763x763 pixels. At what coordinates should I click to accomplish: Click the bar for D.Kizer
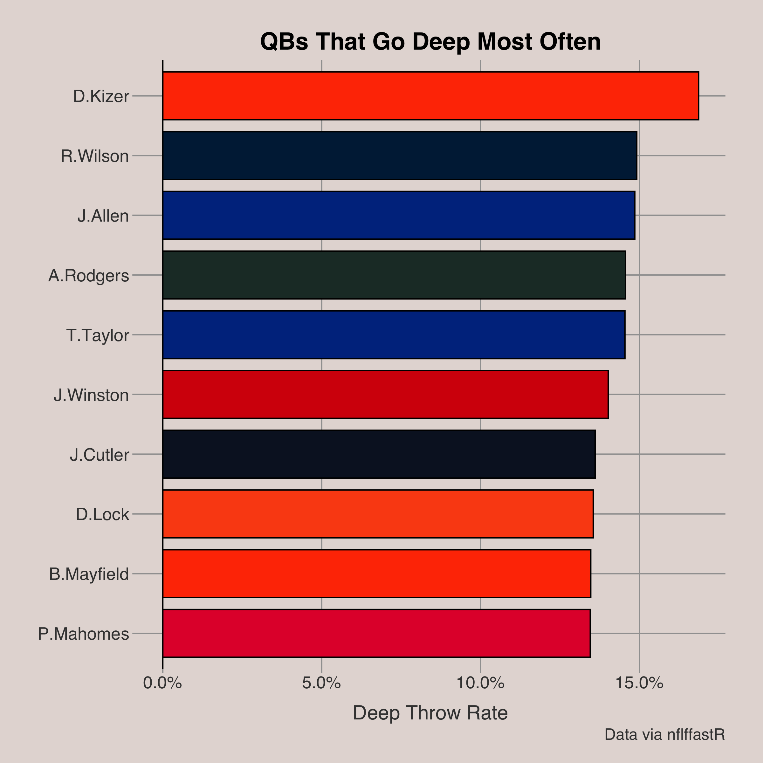pos(430,96)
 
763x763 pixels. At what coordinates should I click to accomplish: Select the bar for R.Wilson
pos(400,155)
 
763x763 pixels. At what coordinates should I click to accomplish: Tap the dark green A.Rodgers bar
pos(394,275)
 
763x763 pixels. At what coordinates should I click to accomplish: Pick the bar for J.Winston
pos(385,394)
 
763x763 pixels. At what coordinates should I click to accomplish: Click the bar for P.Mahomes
pos(376,633)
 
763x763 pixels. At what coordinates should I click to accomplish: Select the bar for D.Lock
pos(378,514)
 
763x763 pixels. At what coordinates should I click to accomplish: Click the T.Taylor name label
pos(98,335)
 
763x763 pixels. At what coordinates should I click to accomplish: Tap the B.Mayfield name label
pos(89,574)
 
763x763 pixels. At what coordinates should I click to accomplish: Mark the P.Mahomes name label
pos(83,634)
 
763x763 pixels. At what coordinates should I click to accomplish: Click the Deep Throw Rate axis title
pos(430,713)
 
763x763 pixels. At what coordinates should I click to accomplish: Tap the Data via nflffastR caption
pos(665,735)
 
